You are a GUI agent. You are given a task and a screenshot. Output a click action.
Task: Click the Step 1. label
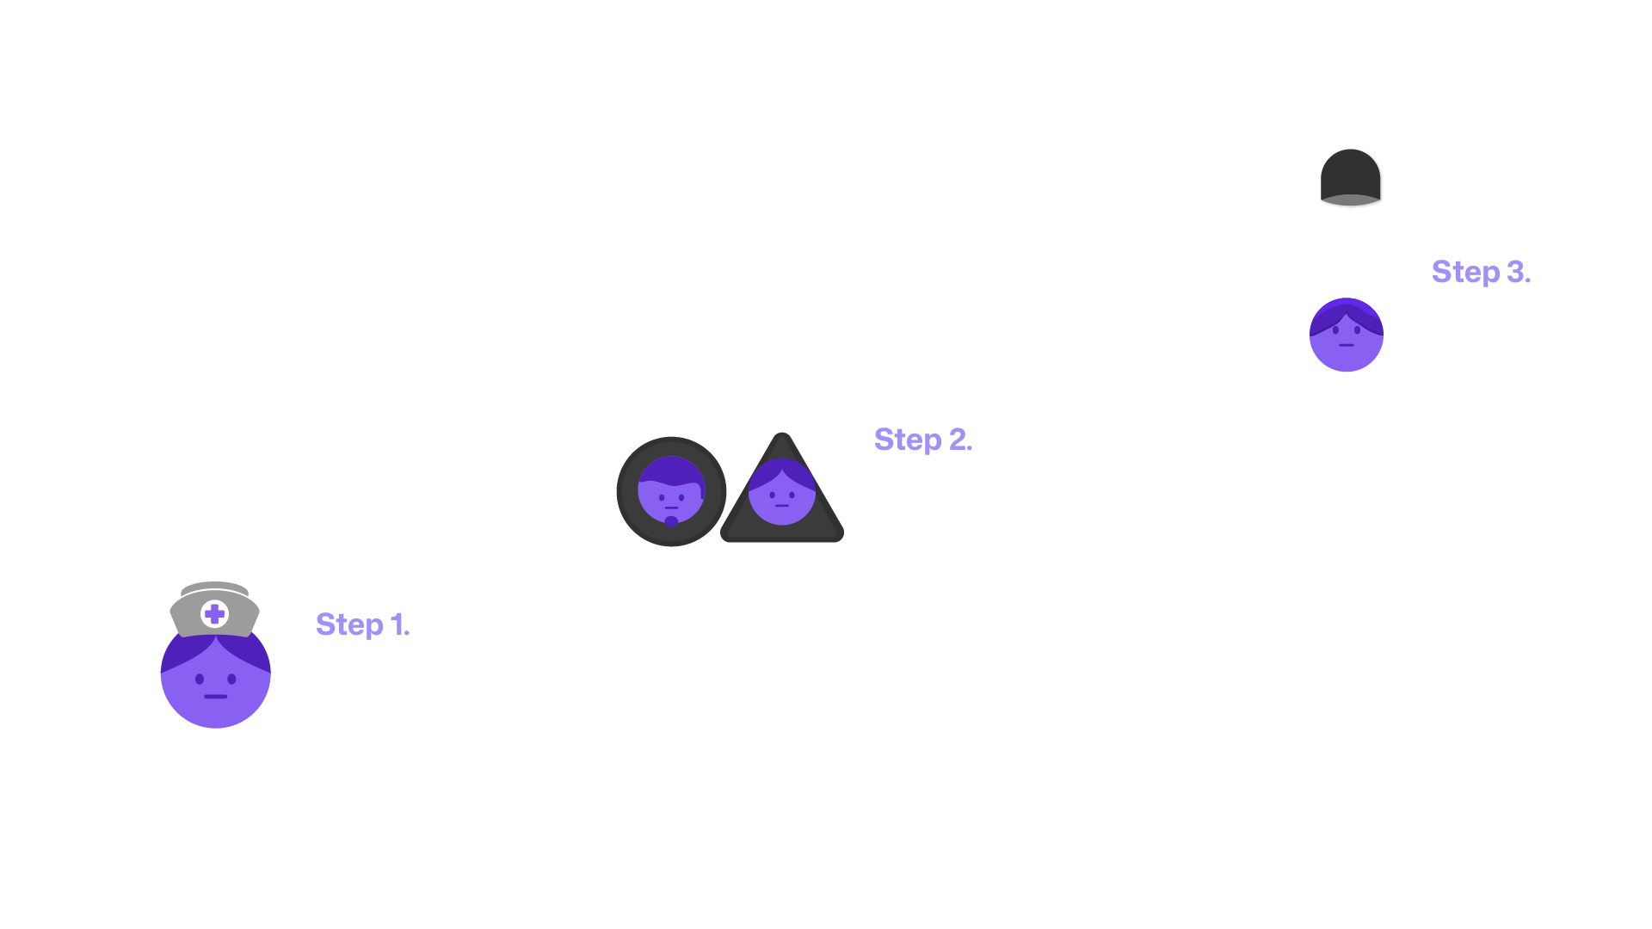click(x=362, y=624)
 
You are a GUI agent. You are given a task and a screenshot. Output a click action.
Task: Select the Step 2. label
click(x=922, y=440)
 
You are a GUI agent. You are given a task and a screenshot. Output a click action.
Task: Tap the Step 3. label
click(x=1480, y=272)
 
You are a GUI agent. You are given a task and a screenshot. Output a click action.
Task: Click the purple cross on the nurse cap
click(x=215, y=614)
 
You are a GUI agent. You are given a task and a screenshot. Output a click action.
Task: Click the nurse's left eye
click(x=200, y=680)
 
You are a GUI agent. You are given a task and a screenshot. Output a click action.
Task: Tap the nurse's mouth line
click(x=216, y=697)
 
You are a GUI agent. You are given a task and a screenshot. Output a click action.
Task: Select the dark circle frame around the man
click(x=627, y=492)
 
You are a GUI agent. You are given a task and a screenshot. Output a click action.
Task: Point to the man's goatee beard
click(x=671, y=520)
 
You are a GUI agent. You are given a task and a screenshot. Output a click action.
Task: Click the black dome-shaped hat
click(x=1351, y=172)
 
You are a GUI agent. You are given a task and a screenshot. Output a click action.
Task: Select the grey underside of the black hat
click(x=1351, y=200)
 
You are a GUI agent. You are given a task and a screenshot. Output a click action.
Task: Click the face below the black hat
click(x=1347, y=340)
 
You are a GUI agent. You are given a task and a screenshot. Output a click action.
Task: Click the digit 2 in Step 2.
click(x=958, y=440)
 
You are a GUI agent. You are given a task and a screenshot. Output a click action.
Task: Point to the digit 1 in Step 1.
click(x=397, y=624)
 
